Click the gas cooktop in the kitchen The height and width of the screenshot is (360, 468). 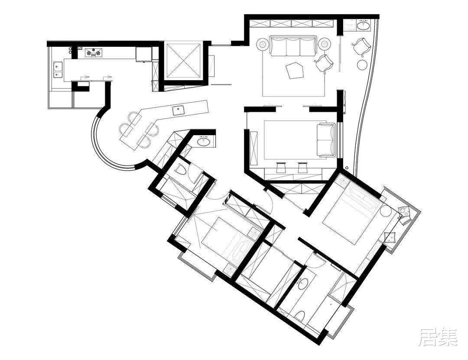94,52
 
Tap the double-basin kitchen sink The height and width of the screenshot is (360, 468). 58,69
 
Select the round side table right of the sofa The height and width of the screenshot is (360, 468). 324,44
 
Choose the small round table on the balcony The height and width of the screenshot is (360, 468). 362,64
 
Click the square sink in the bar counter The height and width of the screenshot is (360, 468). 178,110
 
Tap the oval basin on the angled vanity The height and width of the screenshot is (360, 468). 204,141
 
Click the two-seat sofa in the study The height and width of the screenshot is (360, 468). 326,139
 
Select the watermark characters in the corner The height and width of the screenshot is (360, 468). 438,337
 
